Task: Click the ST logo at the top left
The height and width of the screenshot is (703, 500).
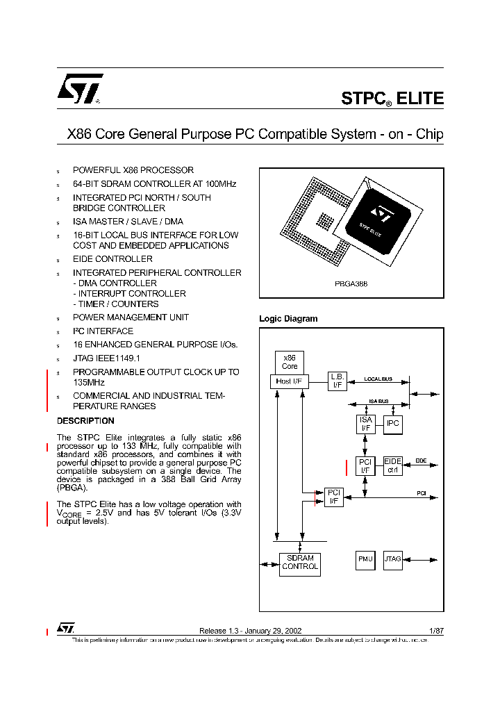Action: click(x=79, y=89)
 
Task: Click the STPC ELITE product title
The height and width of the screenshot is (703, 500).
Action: click(x=392, y=99)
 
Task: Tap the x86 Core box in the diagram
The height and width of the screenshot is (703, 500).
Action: click(x=290, y=361)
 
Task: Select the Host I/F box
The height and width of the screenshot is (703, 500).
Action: click(x=285, y=381)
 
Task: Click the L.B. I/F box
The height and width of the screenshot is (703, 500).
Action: click(x=337, y=380)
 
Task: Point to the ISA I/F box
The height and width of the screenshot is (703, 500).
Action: click(x=366, y=424)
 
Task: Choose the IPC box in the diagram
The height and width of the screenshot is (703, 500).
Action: click(x=393, y=423)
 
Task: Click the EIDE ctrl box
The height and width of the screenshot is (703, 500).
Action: click(x=393, y=466)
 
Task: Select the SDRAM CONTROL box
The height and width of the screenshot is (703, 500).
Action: click(x=300, y=562)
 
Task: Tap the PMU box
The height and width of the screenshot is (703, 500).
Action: click(x=365, y=560)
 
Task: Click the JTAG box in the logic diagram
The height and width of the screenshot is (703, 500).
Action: click(x=393, y=560)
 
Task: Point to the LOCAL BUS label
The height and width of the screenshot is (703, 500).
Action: click(x=378, y=379)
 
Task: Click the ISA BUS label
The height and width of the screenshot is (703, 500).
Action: click(x=378, y=402)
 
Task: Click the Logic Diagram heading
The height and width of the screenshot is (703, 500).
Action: click(x=288, y=319)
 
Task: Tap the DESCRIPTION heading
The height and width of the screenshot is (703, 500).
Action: click(x=85, y=421)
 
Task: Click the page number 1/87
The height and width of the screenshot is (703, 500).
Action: click(x=437, y=631)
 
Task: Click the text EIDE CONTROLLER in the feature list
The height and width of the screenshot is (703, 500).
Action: click(x=112, y=259)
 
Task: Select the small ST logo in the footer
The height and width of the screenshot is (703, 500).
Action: click(x=66, y=628)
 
